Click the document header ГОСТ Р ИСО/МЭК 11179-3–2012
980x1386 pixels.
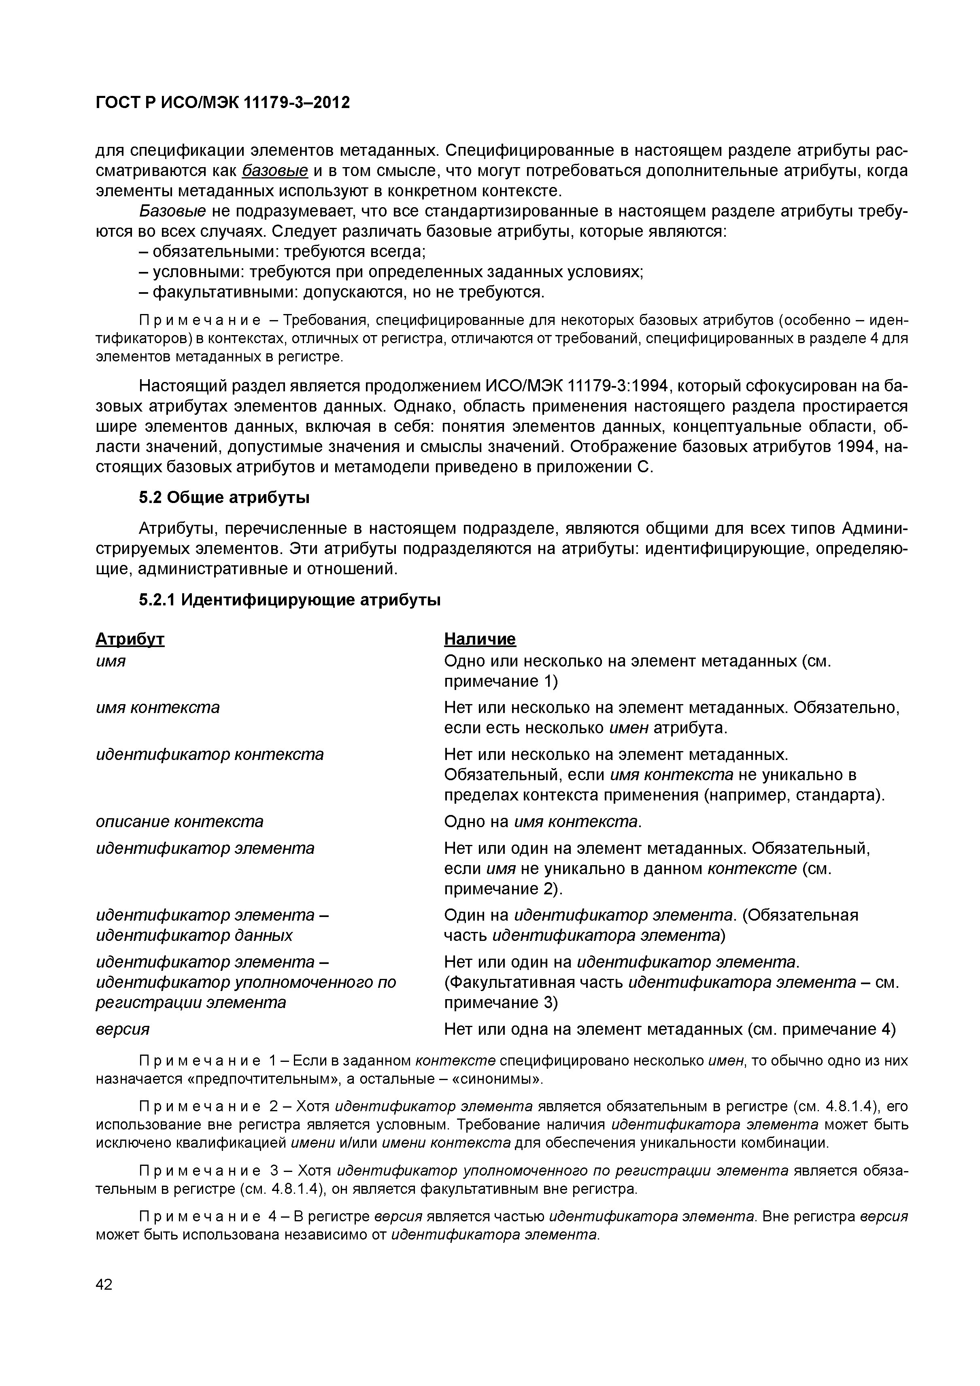click(x=223, y=103)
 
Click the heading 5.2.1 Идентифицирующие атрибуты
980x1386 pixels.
click(x=289, y=600)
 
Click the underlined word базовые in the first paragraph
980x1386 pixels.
click(x=275, y=171)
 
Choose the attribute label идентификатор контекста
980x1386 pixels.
click(x=210, y=754)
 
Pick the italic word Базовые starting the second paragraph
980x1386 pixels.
click(x=173, y=211)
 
